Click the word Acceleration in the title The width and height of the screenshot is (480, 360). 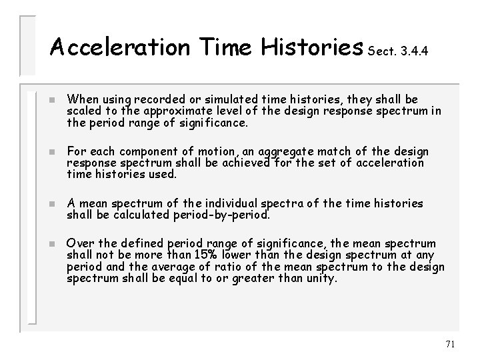[117, 47]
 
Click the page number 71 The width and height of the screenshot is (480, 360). [449, 344]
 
